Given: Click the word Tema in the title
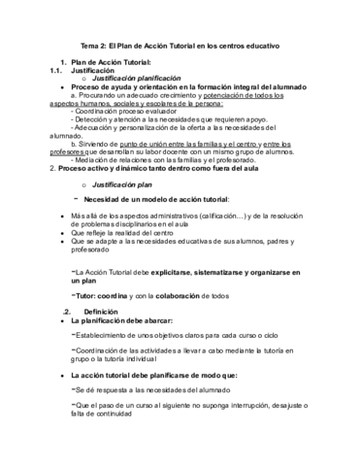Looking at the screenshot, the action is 89,45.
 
